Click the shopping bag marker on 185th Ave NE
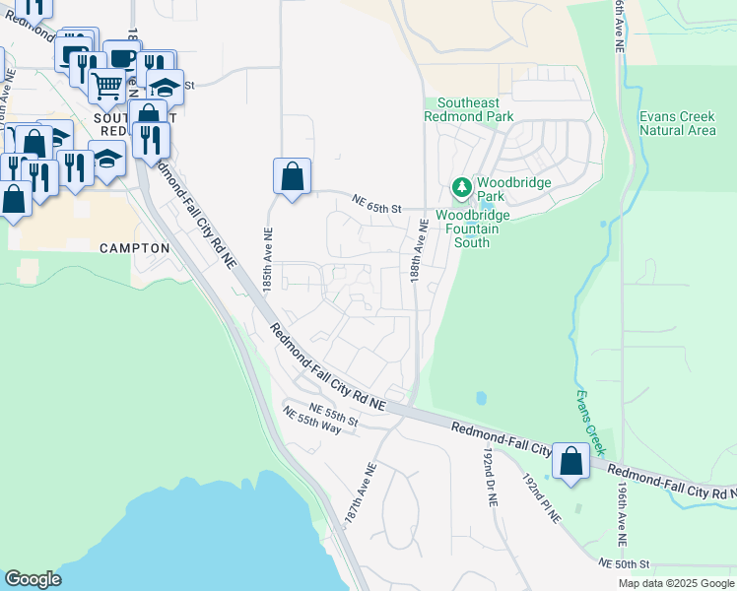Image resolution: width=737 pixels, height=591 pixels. click(292, 178)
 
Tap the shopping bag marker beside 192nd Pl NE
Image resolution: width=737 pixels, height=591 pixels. click(570, 461)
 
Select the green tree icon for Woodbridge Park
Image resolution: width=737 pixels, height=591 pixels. click(460, 186)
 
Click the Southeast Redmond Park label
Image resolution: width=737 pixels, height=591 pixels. click(469, 109)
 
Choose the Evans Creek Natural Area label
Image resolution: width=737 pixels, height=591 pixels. click(677, 123)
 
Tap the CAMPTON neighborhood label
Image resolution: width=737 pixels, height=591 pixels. click(135, 249)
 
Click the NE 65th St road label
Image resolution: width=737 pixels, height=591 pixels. click(378, 208)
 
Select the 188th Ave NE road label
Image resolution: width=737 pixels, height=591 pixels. click(423, 252)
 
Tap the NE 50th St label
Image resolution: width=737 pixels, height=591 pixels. click(625, 563)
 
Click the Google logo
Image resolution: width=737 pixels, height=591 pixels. click(33, 579)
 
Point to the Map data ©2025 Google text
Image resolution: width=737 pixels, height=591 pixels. click(675, 583)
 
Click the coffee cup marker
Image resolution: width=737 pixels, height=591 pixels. click(121, 58)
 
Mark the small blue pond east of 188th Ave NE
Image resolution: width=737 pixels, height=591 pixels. click(480, 399)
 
